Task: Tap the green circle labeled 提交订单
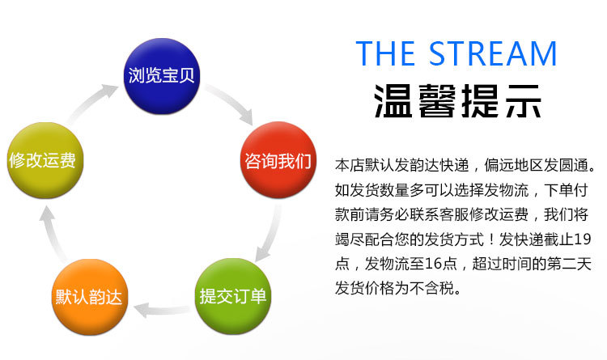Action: pos(233,294)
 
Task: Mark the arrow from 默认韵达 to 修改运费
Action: pos(51,231)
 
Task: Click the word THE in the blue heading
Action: pos(387,53)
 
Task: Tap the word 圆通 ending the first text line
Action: pos(575,166)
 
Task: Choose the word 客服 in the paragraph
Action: pos(465,214)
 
